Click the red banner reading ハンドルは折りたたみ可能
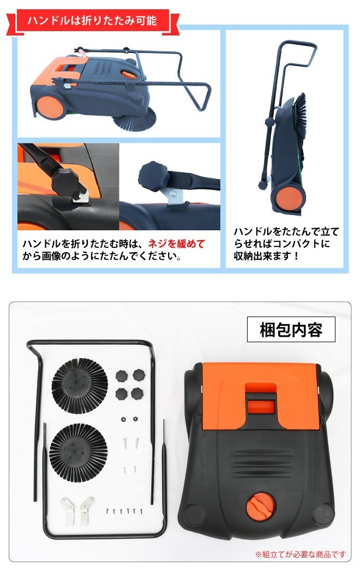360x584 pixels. tap(92, 21)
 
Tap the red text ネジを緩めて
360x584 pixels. tap(177, 243)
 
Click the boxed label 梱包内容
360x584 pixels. tap(291, 330)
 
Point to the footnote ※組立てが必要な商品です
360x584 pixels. tap(301, 554)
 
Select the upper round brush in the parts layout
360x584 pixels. tap(80, 386)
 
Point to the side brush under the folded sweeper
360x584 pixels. tap(139, 122)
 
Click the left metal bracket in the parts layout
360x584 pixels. tap(68, 511)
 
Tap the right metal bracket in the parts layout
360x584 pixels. tap(86, 510)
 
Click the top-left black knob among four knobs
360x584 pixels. tap(122, 376)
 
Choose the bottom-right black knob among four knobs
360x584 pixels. tap(137, 394)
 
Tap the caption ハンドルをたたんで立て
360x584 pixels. tap(286, 231)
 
